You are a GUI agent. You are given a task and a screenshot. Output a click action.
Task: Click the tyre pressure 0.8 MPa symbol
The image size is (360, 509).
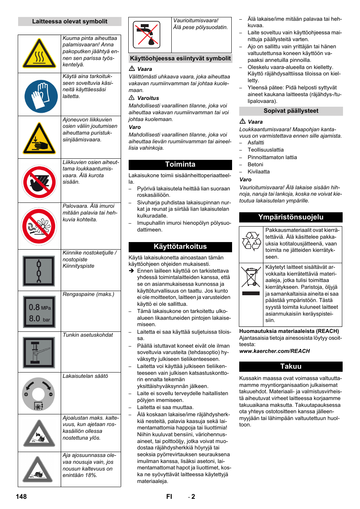coord(39,312)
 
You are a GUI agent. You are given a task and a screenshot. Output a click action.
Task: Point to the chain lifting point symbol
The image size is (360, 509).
coord(39,271)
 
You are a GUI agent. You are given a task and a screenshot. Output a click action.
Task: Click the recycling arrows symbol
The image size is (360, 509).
coord(251,241)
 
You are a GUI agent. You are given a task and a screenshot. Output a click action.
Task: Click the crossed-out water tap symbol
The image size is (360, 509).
coord(146,35)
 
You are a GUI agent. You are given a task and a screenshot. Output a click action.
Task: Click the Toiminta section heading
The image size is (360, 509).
coord(180,164)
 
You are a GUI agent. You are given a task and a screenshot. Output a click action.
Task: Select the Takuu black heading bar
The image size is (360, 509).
coord(291,366)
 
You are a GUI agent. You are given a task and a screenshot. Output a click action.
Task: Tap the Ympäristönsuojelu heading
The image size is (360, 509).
coord(291,217)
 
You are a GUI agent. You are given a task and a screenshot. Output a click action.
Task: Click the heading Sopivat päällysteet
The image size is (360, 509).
coord(291,111)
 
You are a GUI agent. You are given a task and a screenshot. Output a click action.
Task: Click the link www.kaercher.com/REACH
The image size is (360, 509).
coord(274,351)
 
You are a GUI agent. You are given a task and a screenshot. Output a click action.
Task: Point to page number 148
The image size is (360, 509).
coord(21,497)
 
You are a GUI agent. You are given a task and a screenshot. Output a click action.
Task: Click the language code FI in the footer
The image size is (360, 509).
coord(169,497)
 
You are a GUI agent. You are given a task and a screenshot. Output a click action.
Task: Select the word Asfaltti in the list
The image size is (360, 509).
coord(255,143)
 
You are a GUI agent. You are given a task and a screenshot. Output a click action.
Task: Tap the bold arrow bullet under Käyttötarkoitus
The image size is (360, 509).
coord(131,271)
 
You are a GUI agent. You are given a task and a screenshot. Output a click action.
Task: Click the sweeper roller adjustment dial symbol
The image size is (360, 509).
coord(38,394)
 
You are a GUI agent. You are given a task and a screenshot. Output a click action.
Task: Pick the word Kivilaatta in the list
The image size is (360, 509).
coord(258,172)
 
